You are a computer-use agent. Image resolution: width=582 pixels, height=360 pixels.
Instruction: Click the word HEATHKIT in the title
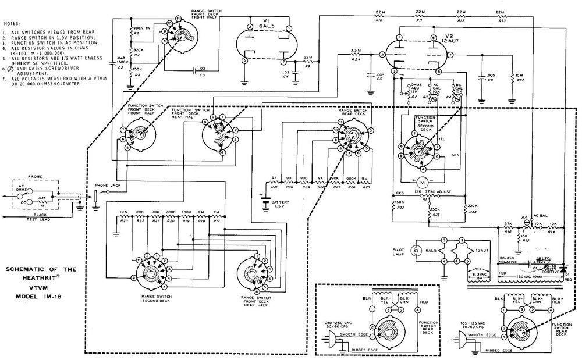click(x=37, y=278)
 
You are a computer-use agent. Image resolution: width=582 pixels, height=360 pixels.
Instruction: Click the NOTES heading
click(x=12, y=23)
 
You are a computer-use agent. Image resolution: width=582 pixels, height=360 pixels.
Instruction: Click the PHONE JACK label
click(x=106, y=185)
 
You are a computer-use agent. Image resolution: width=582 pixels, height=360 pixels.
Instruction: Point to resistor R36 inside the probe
click(x=42, y=199)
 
